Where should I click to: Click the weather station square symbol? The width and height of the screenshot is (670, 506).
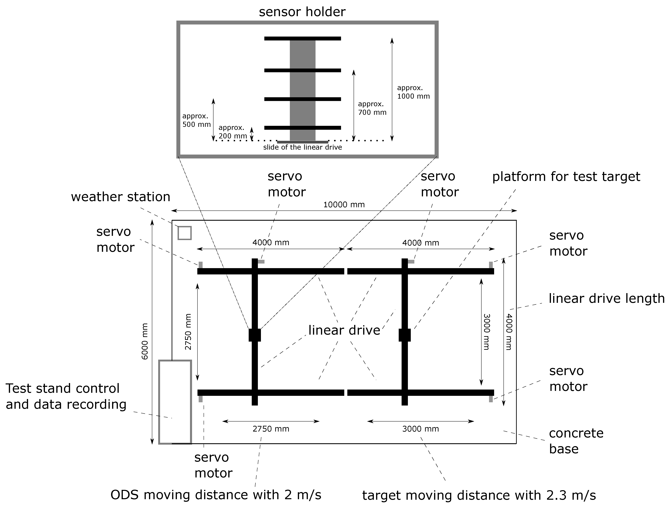[184, 233]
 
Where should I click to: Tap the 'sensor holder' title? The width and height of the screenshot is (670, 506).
[302, 12]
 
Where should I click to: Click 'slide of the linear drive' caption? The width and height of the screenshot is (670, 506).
[302, 147]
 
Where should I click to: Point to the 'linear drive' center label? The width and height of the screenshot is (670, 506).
[344, 330]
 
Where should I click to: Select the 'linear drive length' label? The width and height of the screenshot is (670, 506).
[606, 299]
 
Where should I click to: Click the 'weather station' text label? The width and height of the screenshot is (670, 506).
[121, 197]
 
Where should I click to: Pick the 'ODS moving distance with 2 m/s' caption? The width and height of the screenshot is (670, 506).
[216, 495]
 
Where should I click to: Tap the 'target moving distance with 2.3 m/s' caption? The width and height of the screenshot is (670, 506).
[479, 496]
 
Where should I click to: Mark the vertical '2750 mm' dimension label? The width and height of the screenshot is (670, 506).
[188, 332]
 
